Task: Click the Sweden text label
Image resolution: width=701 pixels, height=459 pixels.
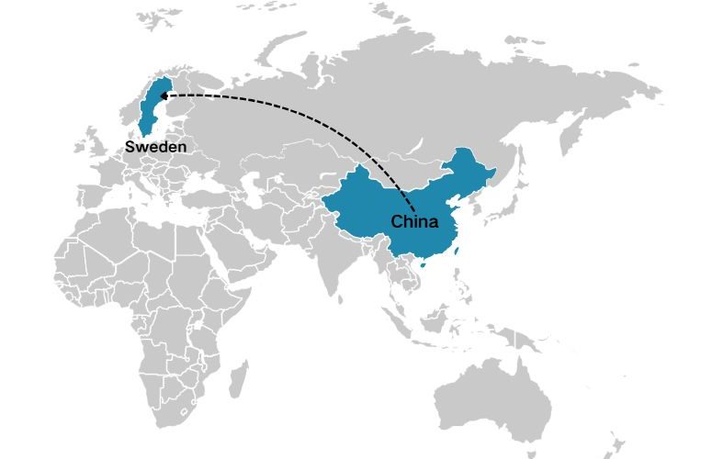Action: point(156,147)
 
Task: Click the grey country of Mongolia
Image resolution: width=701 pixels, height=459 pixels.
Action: point(404,166)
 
